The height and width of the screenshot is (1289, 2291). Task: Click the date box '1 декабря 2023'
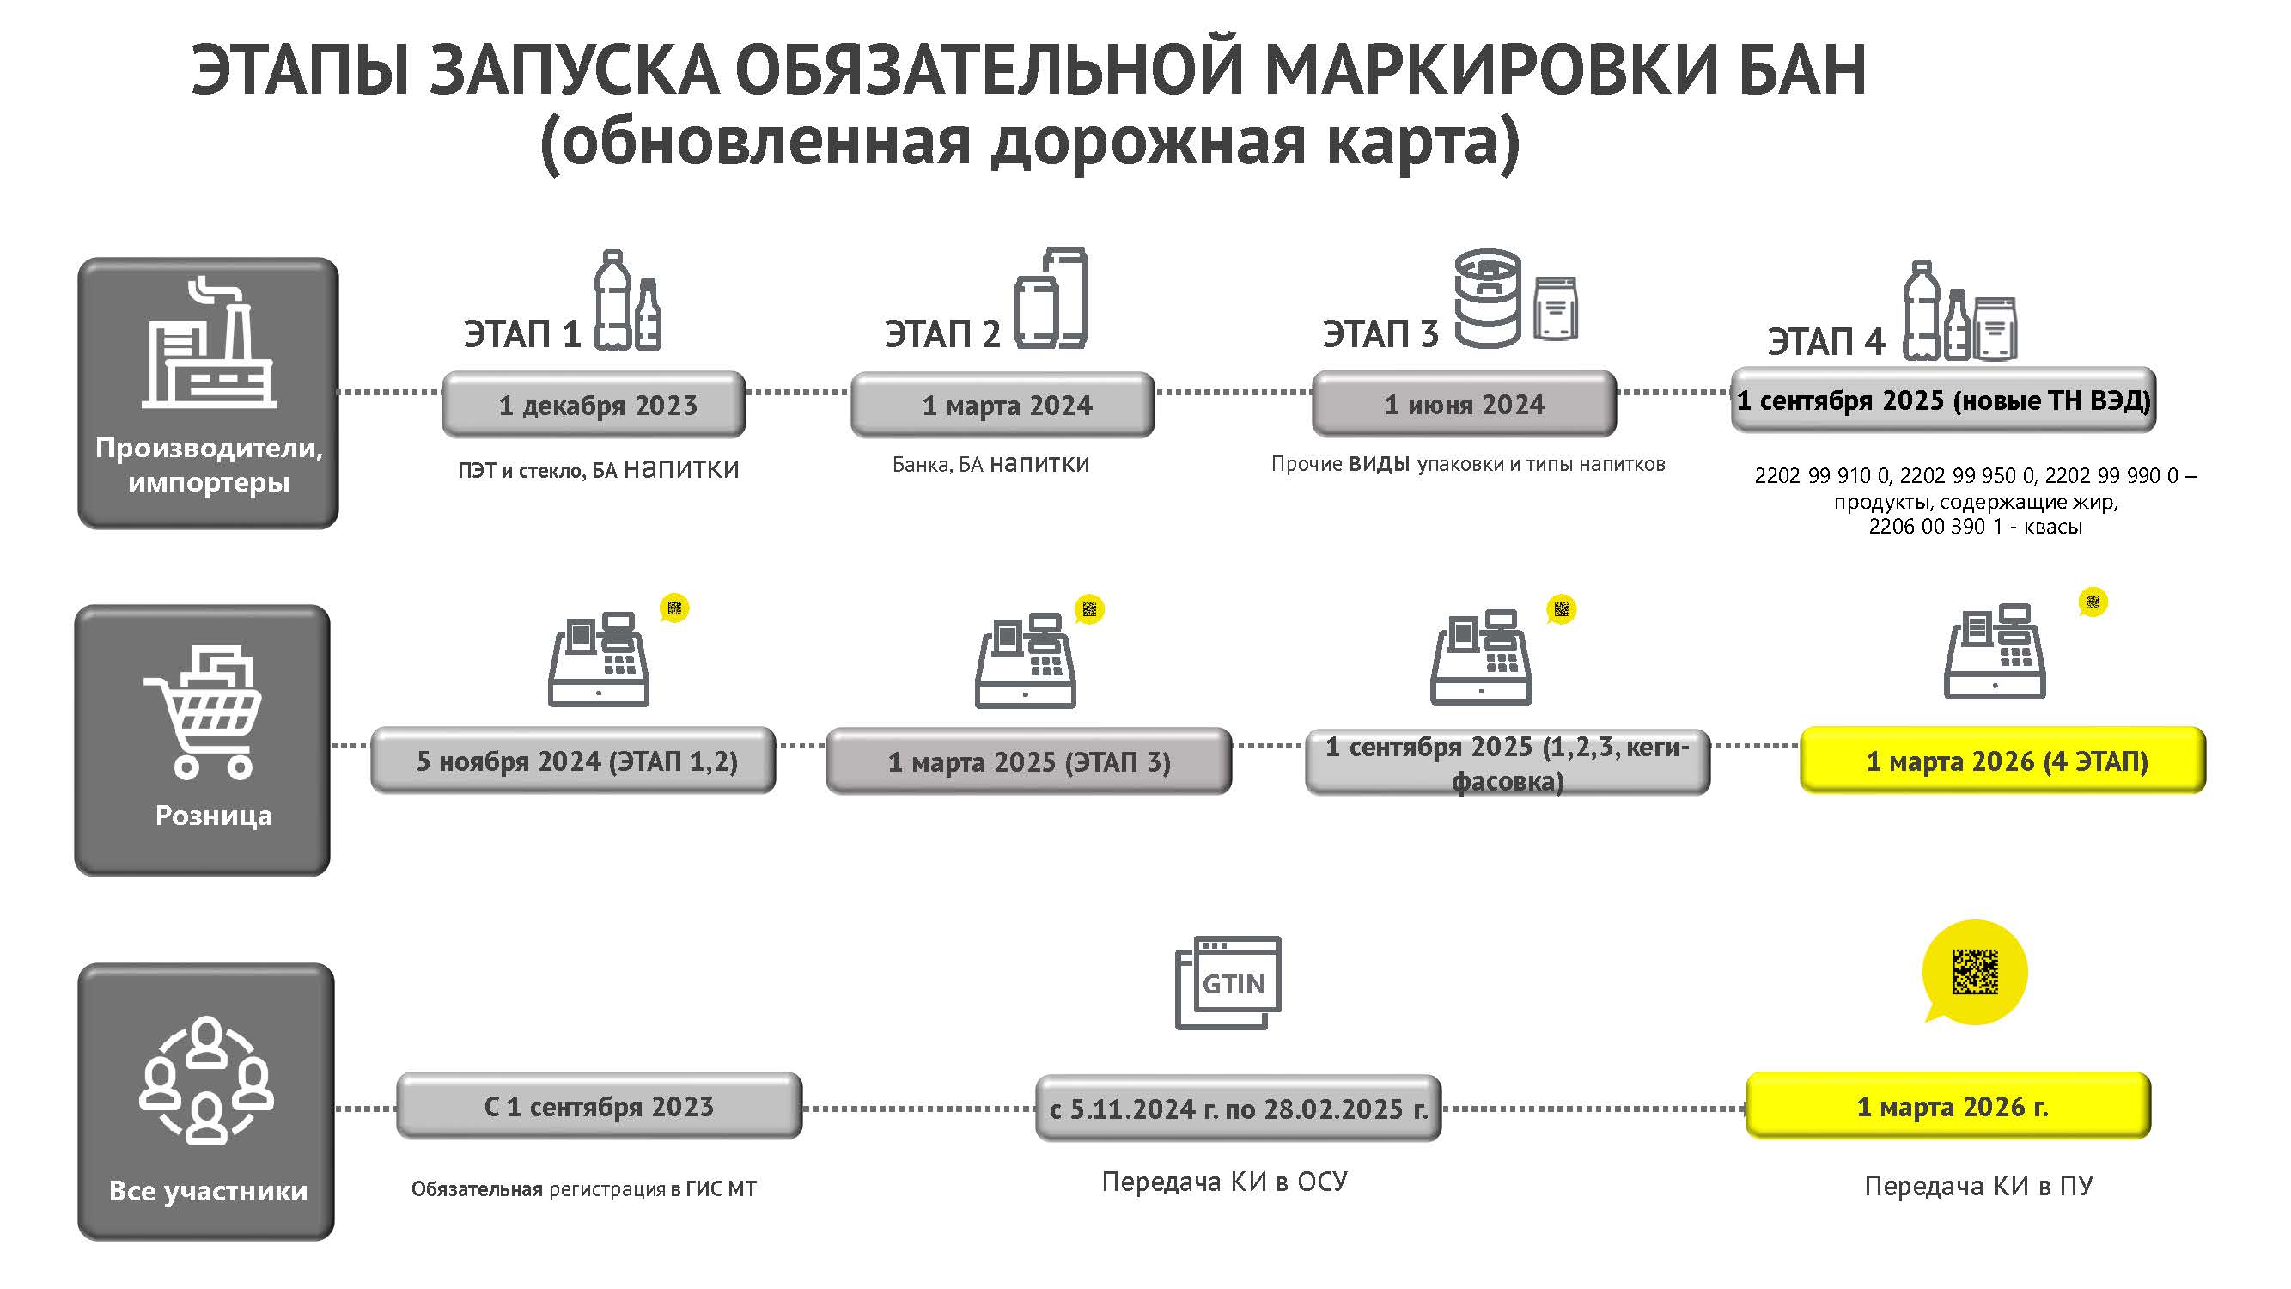pyautogui.click(x=594, y=405)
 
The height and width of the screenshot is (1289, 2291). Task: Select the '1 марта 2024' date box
pyautogui.click(x=1002, y=405)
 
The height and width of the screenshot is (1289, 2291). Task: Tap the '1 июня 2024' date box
pyautogui.click(x=1464, y=404)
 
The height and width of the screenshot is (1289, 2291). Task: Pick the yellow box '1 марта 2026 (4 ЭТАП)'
pyautogui.click(x=2003, y=761)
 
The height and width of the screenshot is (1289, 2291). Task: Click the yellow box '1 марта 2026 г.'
pyautogui.click(x=1947, y=1106)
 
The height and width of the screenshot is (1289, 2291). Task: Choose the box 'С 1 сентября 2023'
pyautogui.click(x=599, y=1106)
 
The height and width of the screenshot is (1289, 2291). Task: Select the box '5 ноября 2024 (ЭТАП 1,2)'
pyautogui.click(x=574, y=761)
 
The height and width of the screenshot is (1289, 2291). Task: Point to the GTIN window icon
pyautogui.click(x=1228, y=982)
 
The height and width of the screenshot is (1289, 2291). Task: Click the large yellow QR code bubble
pyautogui.click(x=1974, y=970)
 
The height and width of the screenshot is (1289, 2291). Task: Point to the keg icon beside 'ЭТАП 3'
pyautogui.click(x=1487, y=297)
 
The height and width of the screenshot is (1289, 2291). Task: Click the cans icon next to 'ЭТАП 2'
pyautogui.click(x=1051, y=298)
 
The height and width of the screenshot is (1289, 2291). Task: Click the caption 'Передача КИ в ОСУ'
pyautogui.click(x=1225, y=1182)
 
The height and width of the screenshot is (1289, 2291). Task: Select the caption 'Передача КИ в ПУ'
pyautogui.click(x=1978, y=1186)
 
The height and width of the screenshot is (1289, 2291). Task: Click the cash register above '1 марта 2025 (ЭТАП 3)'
pyautogui.click(x=1026, y=659)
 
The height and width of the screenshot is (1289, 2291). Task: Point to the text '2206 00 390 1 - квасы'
pyautogui.click(x=1974, y=527)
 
